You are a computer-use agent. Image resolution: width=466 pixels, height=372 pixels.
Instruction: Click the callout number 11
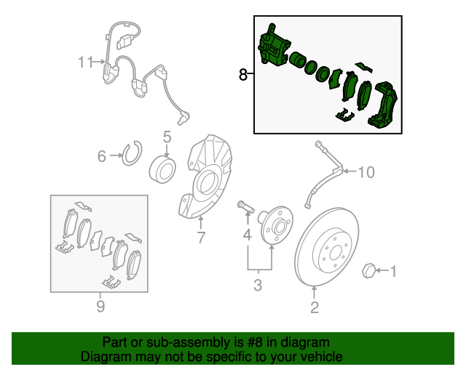tap(86, 62)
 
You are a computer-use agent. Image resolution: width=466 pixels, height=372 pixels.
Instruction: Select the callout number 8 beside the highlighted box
tap(242, 74)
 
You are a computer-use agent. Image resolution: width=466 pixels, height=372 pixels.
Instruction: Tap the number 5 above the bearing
tap(167, 137)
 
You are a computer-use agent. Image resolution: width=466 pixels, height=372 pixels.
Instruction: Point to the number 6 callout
tap(102, 156)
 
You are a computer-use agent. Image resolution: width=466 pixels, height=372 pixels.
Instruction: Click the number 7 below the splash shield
tap(201, 238)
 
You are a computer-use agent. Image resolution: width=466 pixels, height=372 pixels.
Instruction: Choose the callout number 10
tap(366, 172)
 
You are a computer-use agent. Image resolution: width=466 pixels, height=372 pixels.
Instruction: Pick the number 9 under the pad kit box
tap(100, 306)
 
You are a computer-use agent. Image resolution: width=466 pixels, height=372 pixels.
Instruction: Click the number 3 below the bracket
tap(258, 285)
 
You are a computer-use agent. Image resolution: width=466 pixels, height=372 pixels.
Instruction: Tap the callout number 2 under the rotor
tap(315, 307)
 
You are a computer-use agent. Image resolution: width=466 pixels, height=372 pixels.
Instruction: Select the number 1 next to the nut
tap(393, 272)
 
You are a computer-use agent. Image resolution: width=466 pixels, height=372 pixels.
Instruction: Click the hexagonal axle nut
tap(369, 270)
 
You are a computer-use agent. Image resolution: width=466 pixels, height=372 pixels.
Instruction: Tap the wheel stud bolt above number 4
tap(245, 206)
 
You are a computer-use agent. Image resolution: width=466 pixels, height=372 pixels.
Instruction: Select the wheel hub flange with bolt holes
tap(275, 225)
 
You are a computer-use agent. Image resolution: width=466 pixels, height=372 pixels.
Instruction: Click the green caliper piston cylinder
tap(297, 60)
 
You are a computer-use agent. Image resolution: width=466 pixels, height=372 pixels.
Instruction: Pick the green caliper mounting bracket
tap(383, 105)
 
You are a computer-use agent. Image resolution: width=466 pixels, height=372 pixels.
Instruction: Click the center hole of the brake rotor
tap(336, 253)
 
